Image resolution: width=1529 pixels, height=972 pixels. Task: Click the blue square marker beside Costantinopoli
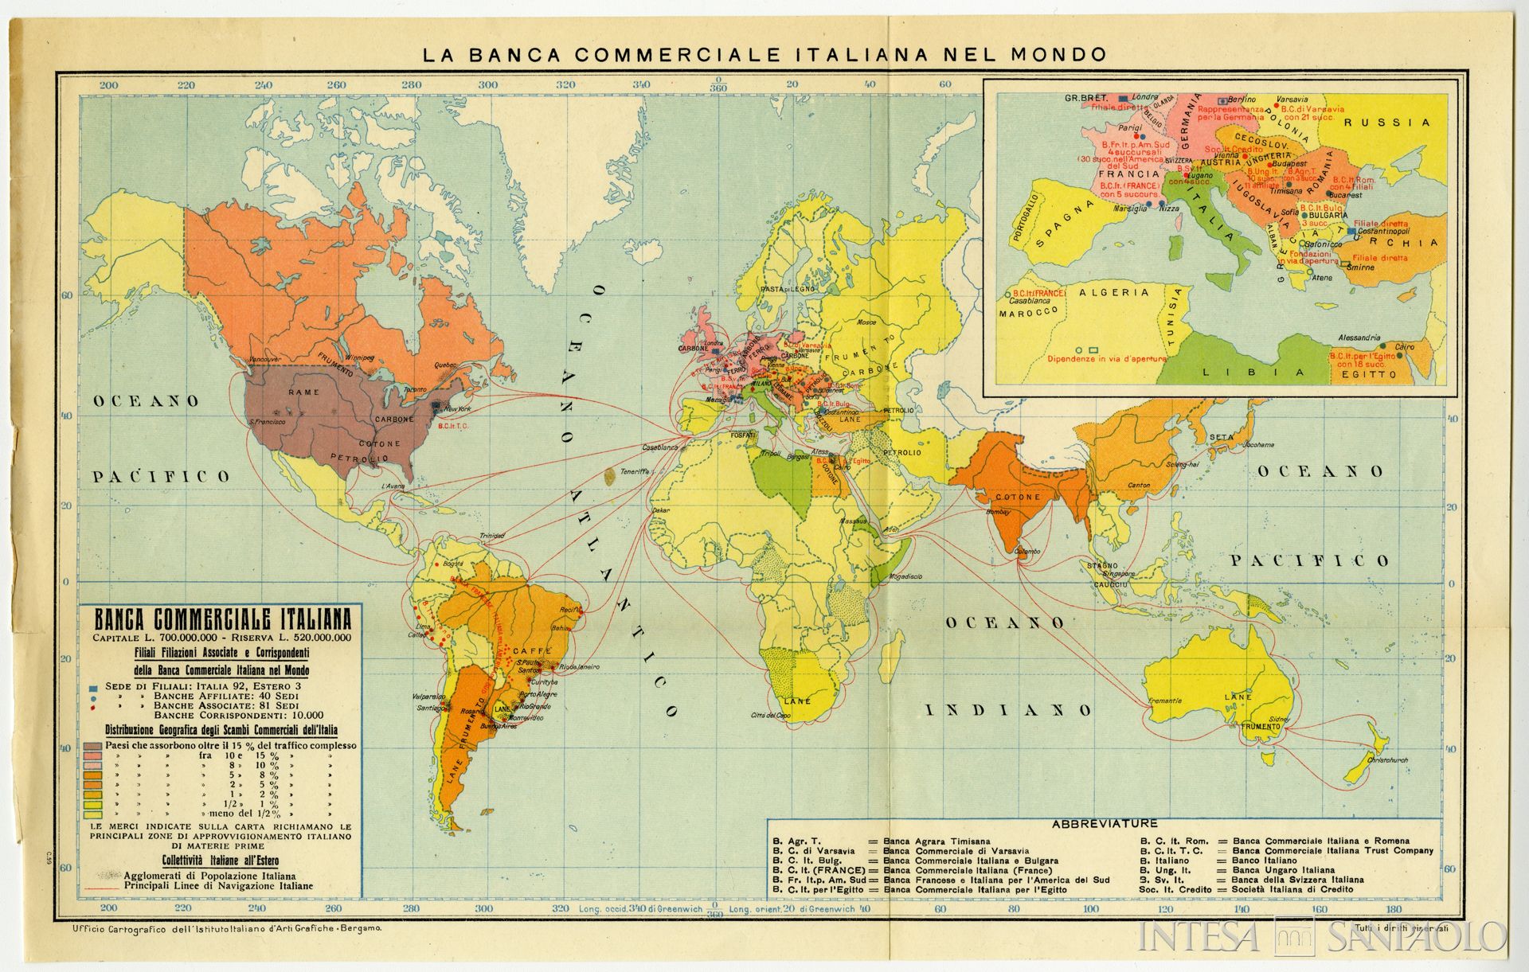click(1351, 231)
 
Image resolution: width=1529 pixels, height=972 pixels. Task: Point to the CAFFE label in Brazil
click(527, 651)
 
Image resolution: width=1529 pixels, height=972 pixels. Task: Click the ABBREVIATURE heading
click(1105, 824)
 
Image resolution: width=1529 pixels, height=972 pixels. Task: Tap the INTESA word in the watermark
click(1199, 936)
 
